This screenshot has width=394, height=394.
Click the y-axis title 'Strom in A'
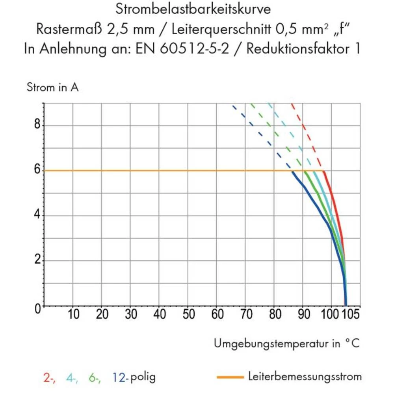tap(52, 87)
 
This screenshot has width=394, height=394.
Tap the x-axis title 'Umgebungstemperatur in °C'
tap(287, 344)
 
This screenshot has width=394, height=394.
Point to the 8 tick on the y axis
tap(37, 125)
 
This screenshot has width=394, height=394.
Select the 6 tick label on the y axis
tap(37, 170)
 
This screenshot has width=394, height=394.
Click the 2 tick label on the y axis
tap(37, 260)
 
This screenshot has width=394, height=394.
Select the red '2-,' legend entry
tap(50, 377)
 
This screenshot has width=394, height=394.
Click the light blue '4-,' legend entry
tap(72, 377)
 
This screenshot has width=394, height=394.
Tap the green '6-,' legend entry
tap(95, 377)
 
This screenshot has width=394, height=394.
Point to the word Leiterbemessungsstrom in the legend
tap(305, 377)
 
